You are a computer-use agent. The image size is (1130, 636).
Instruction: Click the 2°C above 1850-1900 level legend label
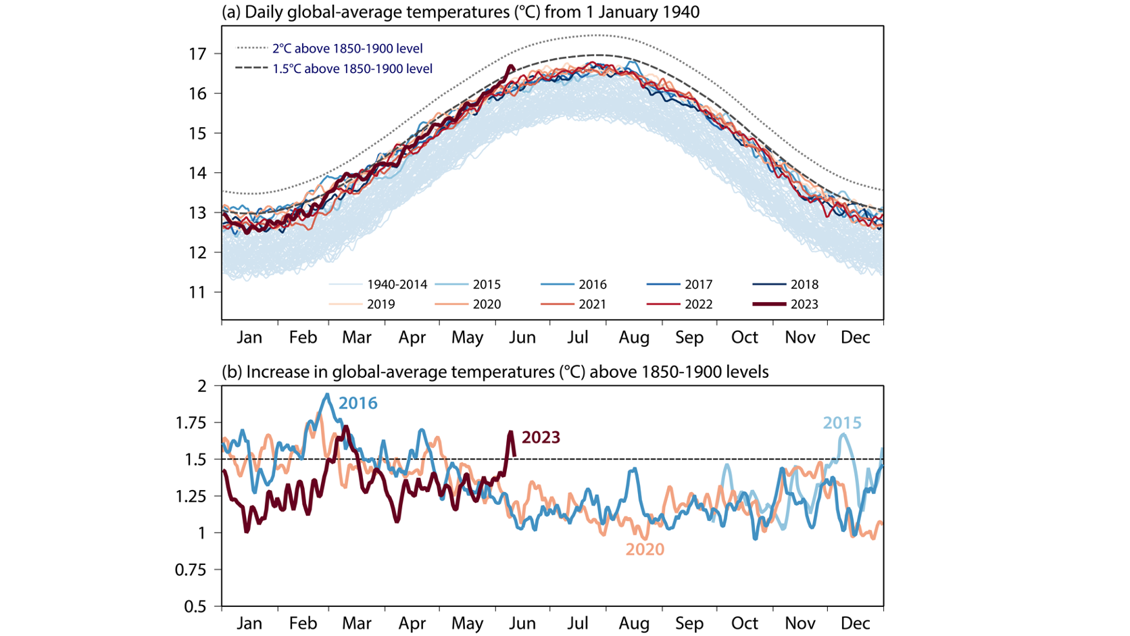(x=347, y=49)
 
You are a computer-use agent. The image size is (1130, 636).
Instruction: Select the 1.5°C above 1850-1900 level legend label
(x=351, y=69)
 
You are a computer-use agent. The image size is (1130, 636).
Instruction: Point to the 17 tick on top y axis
(x=197, y=53)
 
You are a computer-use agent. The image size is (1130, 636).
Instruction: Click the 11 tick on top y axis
(x=197, y=292)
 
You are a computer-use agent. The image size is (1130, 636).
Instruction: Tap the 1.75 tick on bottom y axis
(x=191, y=423)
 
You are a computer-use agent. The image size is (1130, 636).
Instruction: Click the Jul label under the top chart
(x=578, y=337)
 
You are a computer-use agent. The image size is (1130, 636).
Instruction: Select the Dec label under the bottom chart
(x=855, y=623)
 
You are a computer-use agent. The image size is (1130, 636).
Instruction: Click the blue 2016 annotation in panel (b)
(x=358, y=403)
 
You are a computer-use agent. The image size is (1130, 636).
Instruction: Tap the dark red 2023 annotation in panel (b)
(x=541, y=438)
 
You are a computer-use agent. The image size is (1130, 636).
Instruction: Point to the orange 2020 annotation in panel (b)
(x=644, y=549)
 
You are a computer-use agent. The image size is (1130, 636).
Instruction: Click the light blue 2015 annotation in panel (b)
(x=841, y=423)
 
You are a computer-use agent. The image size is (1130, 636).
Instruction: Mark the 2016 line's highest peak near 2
(x=328, y=395)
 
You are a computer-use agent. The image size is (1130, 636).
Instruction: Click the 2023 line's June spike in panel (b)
(x=511, y=433)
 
